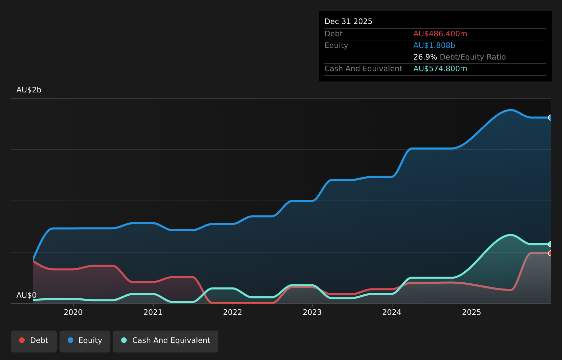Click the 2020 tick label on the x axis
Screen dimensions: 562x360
coord(73,312)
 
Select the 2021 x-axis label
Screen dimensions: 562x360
coord(153,312)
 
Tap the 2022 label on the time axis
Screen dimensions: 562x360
coord(233,312)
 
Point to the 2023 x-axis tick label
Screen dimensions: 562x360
coord(312,312)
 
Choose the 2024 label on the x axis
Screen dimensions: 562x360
coord(392,312)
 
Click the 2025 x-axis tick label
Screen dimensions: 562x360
coord(472,312)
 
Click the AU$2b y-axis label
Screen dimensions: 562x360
coord(29,90)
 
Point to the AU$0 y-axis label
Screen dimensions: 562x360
coord(26,295)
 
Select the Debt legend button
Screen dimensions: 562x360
coord(34,342)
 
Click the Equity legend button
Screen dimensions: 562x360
coord(85,342)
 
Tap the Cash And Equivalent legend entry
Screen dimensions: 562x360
coord(166,342)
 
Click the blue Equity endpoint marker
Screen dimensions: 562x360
coord(550,117)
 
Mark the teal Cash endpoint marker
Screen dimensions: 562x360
coord(550,244)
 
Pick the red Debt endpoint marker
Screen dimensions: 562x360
coord(550,253)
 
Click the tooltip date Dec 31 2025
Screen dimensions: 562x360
coord(348,22)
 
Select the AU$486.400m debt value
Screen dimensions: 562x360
coord(440,34)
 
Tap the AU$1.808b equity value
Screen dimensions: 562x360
coord(434,46)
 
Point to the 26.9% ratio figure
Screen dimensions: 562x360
coord(425,57)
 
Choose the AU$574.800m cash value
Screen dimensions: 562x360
coord(440,69)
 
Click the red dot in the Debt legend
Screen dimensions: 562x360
coord(22,340)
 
